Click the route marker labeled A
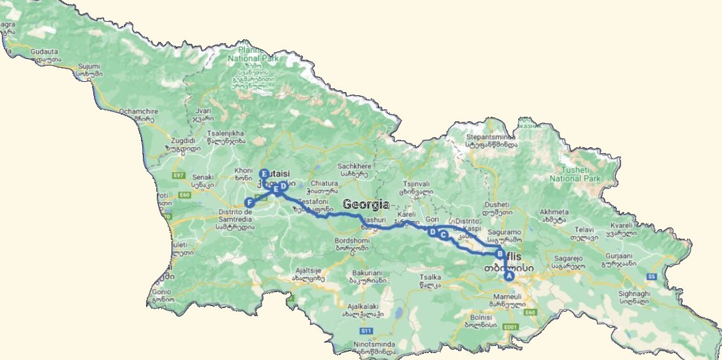[x=508, y=276]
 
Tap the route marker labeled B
[x=500, y=255]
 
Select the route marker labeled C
[x=444, y=235]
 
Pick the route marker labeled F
[x=250, y=203]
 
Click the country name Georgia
[x=366, y=204]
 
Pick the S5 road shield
[x=650, y=277]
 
